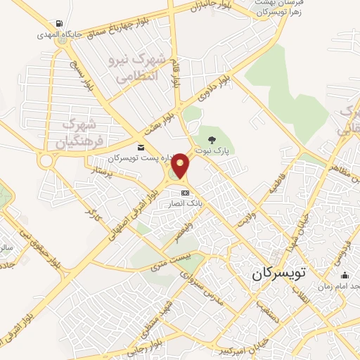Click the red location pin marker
(x=181, y=166)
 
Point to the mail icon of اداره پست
(x=141, y=147)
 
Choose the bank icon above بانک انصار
(x=185, y=193)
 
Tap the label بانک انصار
(x=185, y=203)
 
